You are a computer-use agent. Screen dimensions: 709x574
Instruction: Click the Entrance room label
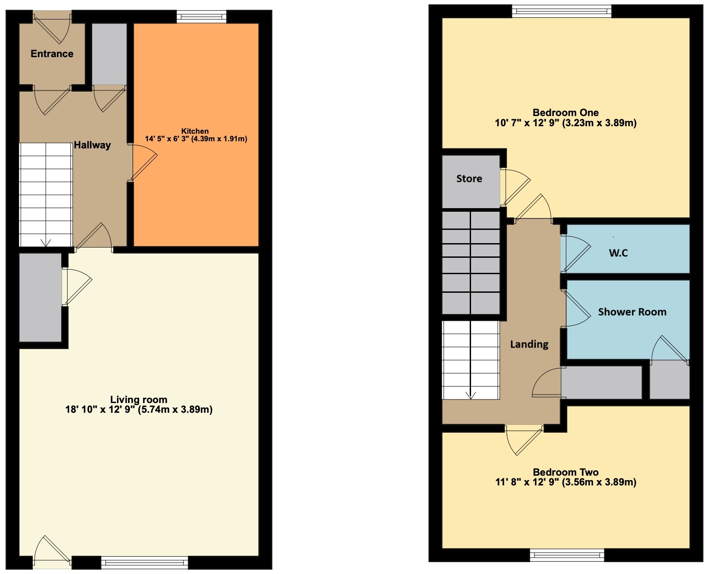[x=52, y=54]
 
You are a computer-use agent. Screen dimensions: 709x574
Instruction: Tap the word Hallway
[x=92, y=145]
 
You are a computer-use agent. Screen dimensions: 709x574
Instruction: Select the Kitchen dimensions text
[x=196, y=139]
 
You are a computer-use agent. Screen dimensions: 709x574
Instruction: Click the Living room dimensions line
[x=139, y=409]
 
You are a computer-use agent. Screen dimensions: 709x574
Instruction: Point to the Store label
[x=469, y=178]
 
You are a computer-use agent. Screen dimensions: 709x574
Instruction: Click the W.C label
[x=618, y=253]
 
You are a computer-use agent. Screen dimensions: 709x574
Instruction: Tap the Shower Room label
[x=632, y=312]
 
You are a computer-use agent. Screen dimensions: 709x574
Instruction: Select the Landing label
[x=529, y=344]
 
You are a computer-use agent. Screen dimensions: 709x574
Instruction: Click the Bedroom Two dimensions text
[x=565, y=482]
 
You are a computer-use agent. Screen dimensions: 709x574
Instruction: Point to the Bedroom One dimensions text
[x=565, y=123]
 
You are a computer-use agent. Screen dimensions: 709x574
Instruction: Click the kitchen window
[x=201, y=16]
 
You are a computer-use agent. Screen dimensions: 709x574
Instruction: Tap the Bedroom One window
[x=561, y=11]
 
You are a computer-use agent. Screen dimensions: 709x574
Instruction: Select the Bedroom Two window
[x=567, y=555]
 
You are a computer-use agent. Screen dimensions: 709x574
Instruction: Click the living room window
[x=144, y=562]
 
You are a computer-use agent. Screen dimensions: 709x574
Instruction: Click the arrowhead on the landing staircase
[x=470, y=396]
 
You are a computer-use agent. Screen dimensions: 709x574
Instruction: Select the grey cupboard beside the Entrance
[x=109, y=54]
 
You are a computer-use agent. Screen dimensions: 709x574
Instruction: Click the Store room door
[x=515, y=187]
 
